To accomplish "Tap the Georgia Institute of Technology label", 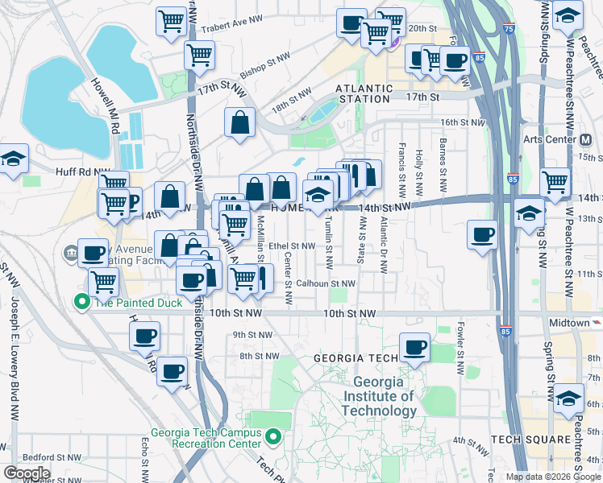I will (378, 396).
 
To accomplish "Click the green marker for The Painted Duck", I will (81, 303).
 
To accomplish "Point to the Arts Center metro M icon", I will (587, 139).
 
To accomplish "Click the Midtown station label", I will (569, 323).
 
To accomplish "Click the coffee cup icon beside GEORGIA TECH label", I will (414, 347).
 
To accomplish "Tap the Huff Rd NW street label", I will (78, 171).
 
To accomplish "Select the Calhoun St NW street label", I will (325, 283).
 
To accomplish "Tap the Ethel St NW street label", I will (292, 246).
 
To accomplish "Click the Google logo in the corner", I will (27, 473).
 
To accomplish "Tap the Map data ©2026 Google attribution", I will (553, 477).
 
